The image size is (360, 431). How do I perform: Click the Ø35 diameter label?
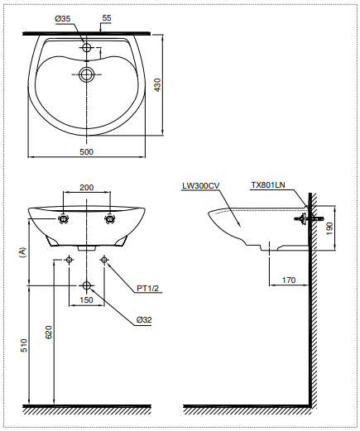coord(73,17)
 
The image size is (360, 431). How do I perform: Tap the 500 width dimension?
coord(87,151)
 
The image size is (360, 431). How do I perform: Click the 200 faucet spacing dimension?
coord(86,188)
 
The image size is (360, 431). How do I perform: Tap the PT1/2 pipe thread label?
coord(147,288)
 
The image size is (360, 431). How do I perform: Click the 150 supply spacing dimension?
coord(86,300)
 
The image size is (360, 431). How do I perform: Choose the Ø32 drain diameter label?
coord(145,318)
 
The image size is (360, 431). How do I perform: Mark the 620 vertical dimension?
coord(49,333)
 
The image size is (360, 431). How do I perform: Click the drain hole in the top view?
coord(87,75)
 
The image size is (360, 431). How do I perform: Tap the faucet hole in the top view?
coord(87,48)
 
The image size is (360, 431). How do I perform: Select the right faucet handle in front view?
coord(109,219)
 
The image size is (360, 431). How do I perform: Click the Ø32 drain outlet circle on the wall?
coord(87,286)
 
